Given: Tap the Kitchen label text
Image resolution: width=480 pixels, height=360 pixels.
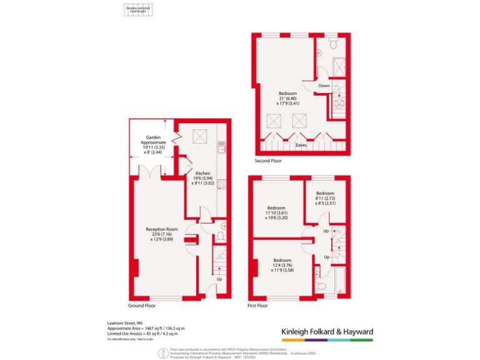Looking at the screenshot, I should [202, 178].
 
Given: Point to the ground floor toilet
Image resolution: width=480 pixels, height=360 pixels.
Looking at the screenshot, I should [219, 236].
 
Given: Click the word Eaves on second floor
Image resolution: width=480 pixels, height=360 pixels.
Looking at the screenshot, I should [301, 144].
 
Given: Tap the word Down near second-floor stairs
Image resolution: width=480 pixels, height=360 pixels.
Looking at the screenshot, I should [324, 86].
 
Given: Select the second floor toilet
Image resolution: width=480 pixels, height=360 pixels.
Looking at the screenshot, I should [333, 45].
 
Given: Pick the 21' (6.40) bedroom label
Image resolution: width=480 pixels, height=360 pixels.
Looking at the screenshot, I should [288, 99].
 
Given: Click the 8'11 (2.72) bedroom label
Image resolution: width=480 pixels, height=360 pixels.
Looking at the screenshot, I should [325, 198].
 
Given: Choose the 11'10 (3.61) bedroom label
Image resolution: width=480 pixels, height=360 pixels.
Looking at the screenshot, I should [276, 212].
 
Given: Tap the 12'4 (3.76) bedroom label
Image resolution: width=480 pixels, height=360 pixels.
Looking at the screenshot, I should [282, 265].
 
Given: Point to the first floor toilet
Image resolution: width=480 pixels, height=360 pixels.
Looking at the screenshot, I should [320, 284].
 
